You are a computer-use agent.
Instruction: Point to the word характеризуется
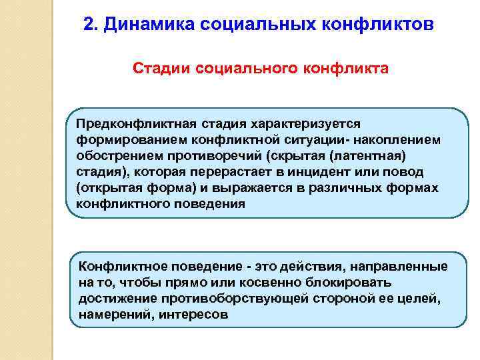pos(304,124)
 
